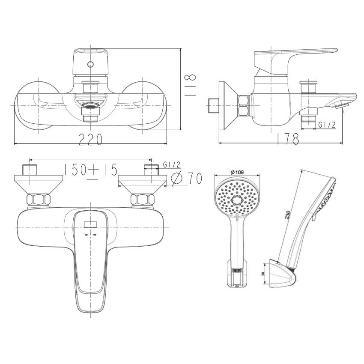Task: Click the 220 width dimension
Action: point(90,139)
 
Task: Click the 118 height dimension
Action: point(190,85)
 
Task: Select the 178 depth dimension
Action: point(288,139)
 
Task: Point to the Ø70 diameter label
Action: point(186,178)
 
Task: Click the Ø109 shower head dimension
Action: point(237,172)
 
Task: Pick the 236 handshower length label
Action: point(288,215)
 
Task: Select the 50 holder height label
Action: point(263,273)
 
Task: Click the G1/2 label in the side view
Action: point(327,125)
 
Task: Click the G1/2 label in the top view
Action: point(172,165)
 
